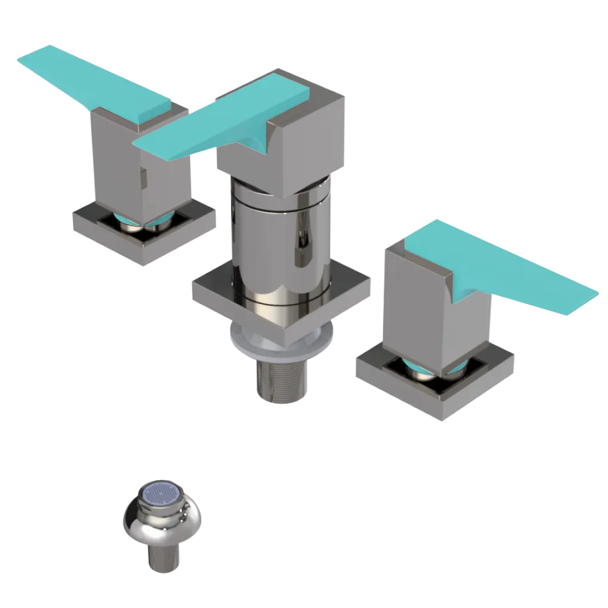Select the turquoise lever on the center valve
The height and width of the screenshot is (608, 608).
(x=231, y=122)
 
